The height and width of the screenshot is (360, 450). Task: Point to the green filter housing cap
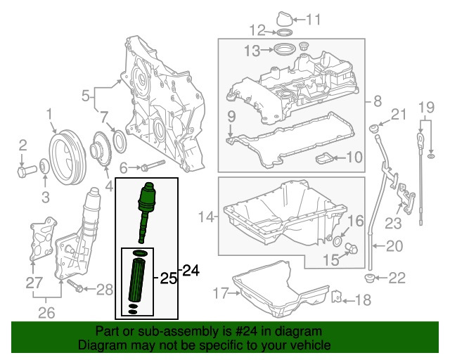(148, 199)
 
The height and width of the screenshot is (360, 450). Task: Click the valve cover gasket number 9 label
(230, 115)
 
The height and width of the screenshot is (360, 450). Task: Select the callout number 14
(205, 218)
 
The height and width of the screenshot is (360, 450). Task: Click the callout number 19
(425, 107)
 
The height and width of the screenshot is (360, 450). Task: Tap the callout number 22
(397, 278)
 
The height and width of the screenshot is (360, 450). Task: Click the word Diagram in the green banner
(103, 346)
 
